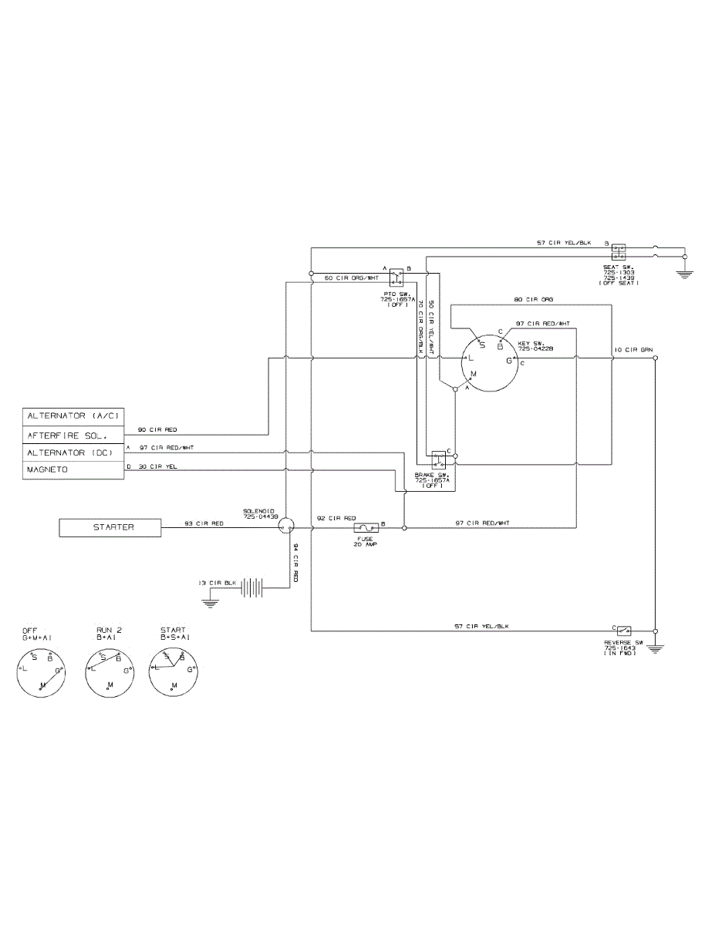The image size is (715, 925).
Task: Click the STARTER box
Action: point(113,528)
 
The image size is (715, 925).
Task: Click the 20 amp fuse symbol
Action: point(365,528)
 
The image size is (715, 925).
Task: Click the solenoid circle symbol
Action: point(286,527)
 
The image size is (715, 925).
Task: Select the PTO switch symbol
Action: point(397,274)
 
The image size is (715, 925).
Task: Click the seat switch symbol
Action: point(619,251)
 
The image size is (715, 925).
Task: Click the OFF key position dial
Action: point(39,670)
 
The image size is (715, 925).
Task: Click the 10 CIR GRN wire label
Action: point(633,350)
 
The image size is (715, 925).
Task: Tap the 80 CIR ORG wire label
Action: point(534,298)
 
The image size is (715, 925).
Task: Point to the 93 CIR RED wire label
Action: point(204,523)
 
